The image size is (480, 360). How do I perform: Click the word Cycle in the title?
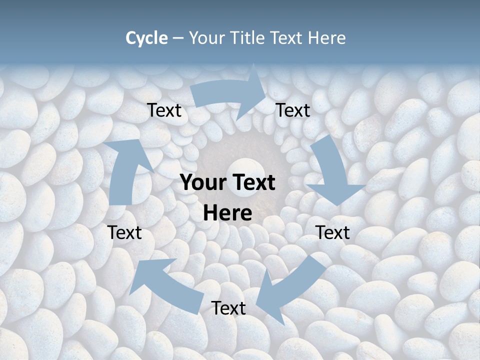click(x=146, y=38)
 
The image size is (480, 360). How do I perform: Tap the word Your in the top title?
click(x=206, y=38)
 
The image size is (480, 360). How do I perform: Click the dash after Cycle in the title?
click(x=178, y=38)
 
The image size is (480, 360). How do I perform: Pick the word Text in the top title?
click(x=287, y=38)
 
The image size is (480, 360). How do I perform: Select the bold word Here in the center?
click(x=227, y=213)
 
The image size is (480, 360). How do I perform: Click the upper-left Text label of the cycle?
click(x=164, y=110)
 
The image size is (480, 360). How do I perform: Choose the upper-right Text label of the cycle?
click(x=293, y=110)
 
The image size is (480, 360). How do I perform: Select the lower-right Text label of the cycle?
click(x=332, y=232)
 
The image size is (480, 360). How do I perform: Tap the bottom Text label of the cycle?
click(x=228, y=308)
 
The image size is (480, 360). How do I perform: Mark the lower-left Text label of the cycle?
click(x=124, y=232)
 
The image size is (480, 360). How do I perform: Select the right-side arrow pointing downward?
click(x=332, y=175)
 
